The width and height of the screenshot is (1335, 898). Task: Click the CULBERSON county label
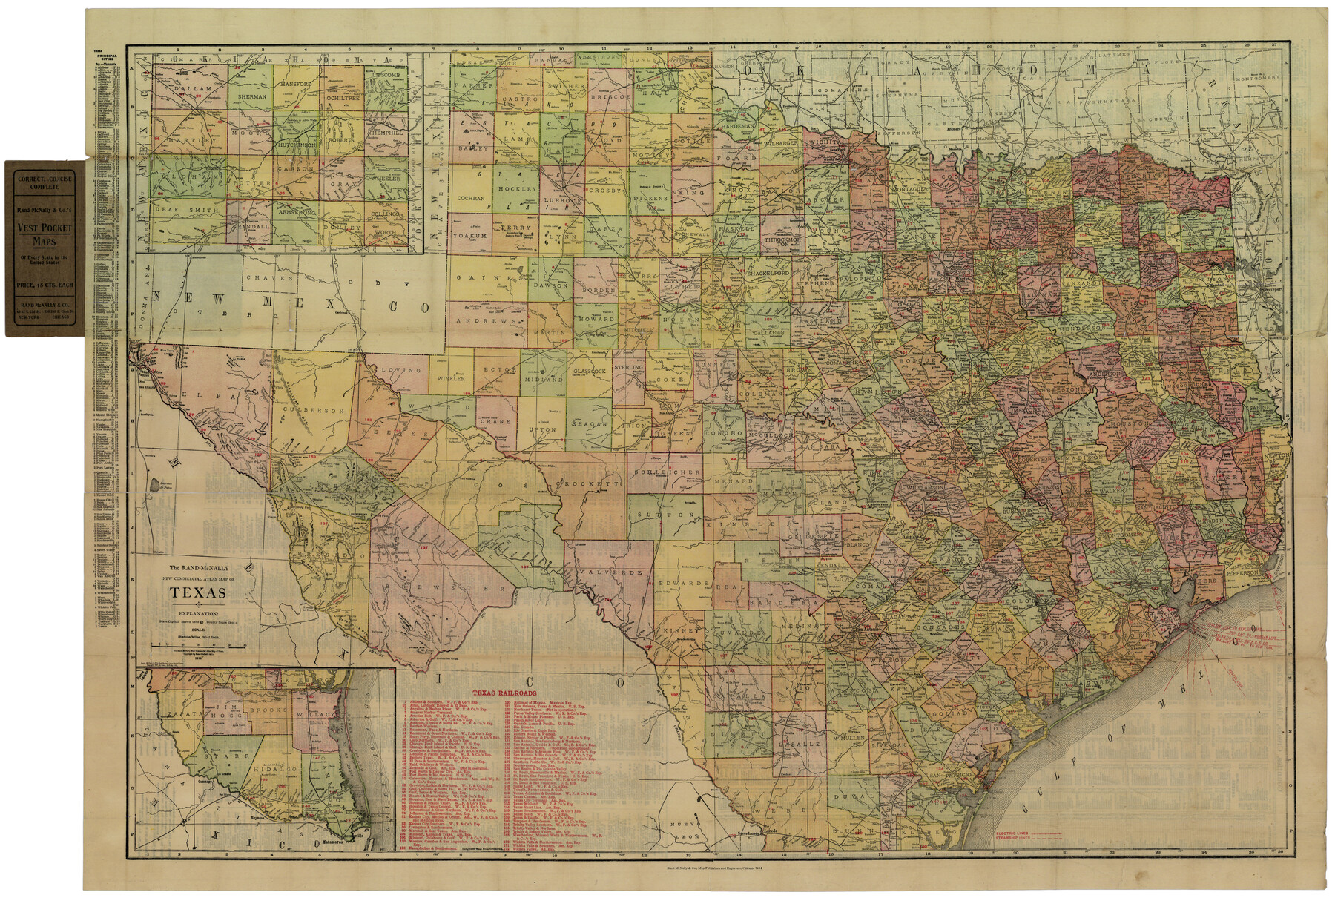tap(319, 410)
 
